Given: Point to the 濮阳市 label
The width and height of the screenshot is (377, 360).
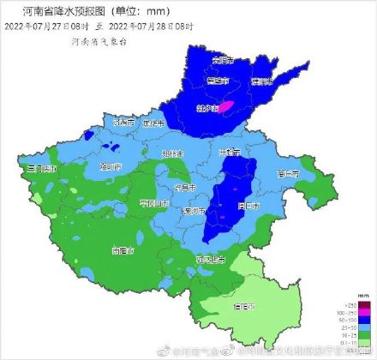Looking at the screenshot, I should tap(261, 81).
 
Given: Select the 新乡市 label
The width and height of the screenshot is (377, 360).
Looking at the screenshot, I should tap(208, 109).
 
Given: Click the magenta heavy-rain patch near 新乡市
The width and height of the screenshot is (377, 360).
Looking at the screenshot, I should tap(226, 107).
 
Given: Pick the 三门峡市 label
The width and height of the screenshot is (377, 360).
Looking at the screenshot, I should tap(42, 170).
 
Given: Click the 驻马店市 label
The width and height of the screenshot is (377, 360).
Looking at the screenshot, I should tap(211, 258).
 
